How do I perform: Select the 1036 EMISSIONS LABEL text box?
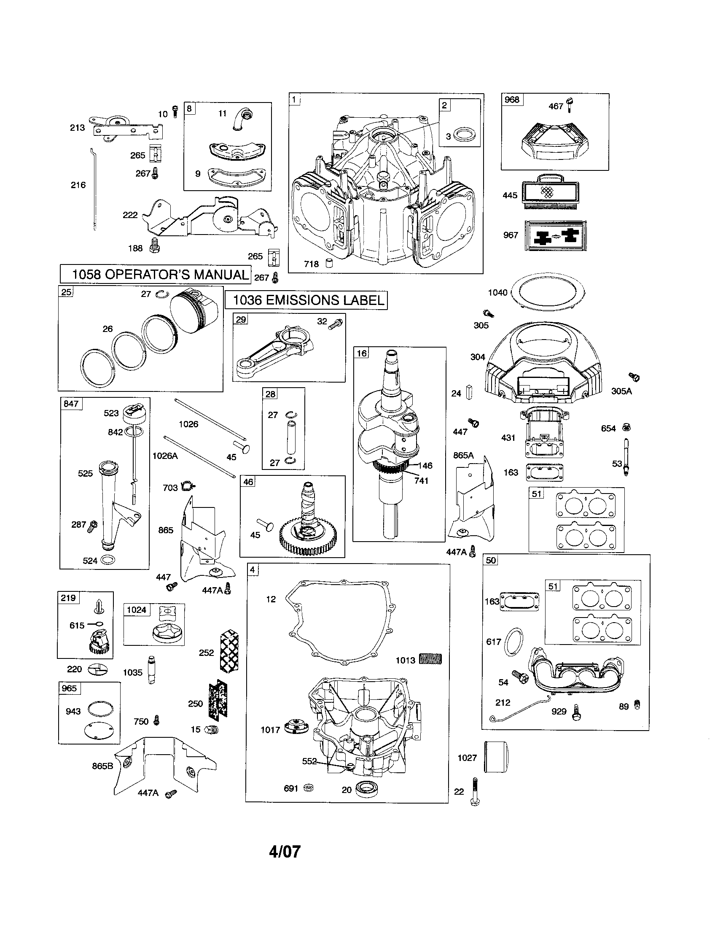tap(306, 300)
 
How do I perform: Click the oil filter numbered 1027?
tap(496, 757)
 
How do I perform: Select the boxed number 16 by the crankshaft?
tap(361, 353)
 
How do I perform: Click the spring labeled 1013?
tap(430, 659)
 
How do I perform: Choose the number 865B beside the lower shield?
tap(103, 766)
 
